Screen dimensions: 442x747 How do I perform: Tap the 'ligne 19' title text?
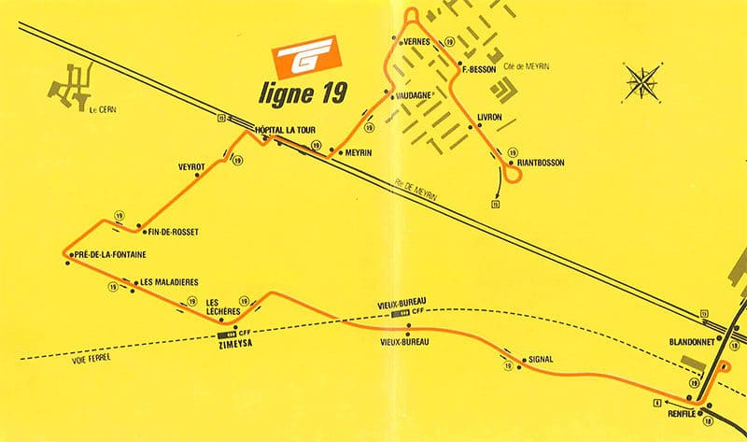point(303,92)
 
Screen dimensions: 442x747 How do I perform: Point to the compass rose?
point(642,81)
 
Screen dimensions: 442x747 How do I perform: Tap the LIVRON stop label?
point(489,117)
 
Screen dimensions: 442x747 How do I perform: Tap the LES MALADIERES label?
point(168,282)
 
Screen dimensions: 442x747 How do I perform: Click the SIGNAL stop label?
point(541,359)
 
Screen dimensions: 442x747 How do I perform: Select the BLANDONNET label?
point(691,342)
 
